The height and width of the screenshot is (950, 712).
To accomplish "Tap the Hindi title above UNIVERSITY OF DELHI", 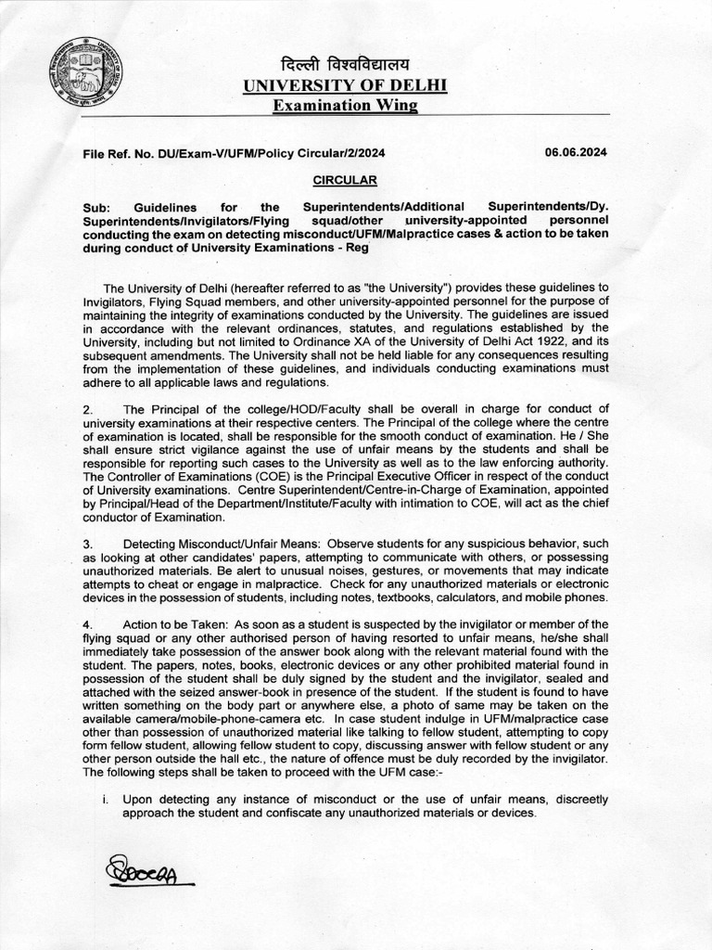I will pyautogui.click(x=344, y=65).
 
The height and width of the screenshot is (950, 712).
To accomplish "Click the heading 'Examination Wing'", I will pyautogui.click(x=344, y=106).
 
